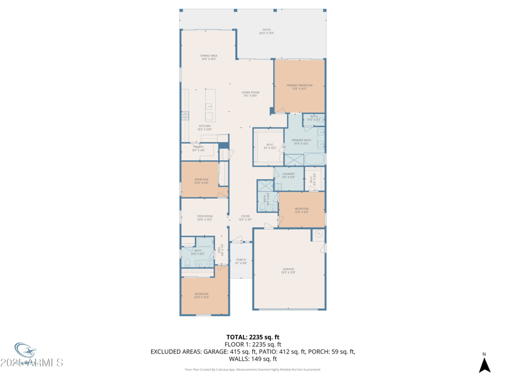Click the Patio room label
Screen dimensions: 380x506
[266, 31]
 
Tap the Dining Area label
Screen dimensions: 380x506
[209, 57]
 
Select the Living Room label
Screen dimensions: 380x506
[250, 94]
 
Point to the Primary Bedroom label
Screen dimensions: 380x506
[299, 86]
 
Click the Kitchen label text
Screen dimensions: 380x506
[204, 127]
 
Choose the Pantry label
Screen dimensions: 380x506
[198, 148]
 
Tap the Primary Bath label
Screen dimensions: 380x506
[301, 141]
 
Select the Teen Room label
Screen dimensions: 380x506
[204, 217]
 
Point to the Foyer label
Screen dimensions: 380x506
[245, 217]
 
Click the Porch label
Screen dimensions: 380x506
[241, 260]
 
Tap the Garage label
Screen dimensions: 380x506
[288, 270]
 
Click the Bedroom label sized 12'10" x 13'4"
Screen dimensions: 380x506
[201, 295]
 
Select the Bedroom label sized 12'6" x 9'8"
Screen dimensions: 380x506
[301, 210]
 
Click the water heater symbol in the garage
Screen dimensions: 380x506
[319, 234]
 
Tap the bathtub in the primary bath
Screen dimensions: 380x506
[314, 158]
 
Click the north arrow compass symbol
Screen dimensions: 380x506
[484, 364]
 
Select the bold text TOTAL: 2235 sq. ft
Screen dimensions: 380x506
[253, 337]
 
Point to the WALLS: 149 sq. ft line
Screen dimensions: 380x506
[253, 358]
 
